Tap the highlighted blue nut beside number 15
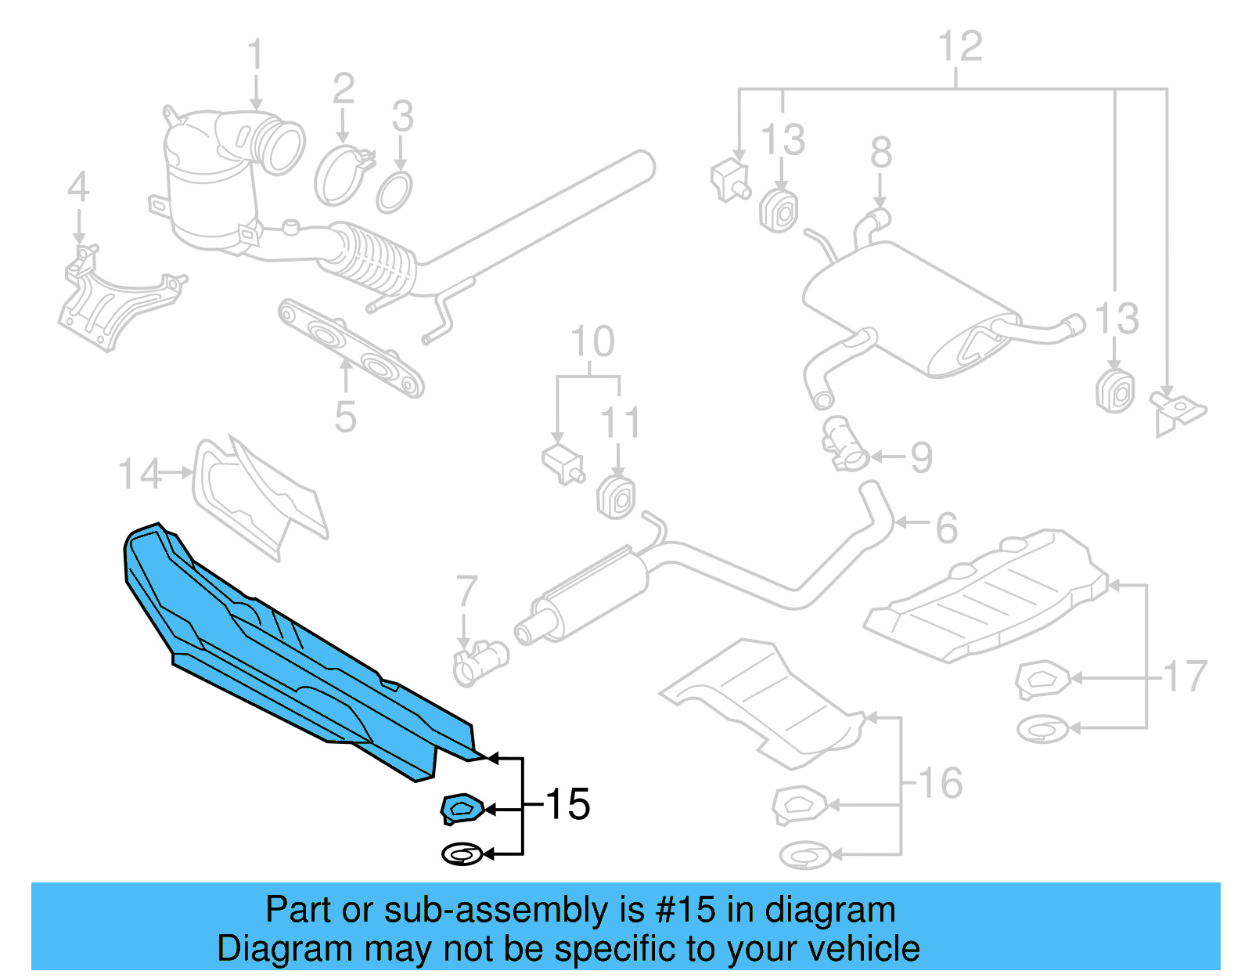(x=461, y=808)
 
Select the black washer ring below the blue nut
(x=462, y=853)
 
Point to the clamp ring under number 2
(x=341, y=176)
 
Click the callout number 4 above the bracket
(x=78, y=188)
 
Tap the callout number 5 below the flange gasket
(x=345, y=417)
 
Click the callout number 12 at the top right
(x=959, y=47)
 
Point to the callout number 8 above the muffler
(x=881, y=153)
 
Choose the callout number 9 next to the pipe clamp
(x=922, y=457)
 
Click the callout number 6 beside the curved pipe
(x=947, y=528)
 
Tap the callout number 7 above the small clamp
(x=466, y=591)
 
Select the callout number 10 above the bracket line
(x=592, y=342)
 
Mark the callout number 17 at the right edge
(x=1185, y=677)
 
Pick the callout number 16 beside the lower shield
(x=940, y=783)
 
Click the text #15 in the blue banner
(x=685, y=910)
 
